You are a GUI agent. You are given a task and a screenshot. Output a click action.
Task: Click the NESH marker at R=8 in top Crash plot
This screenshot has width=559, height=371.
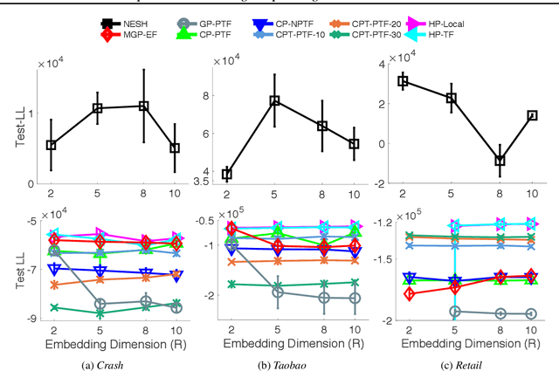click(144, 106)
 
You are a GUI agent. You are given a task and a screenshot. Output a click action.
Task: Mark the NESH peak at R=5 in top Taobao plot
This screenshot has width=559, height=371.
click(274, 101)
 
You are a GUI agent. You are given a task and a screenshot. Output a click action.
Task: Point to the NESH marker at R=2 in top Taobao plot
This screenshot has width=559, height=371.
click(227, 174)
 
